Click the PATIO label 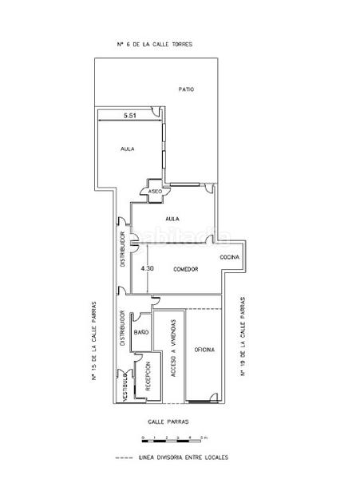[x=187, y=89]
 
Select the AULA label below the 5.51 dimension [x=127, y=148]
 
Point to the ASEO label [x=156, y=192]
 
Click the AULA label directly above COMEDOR [x=172, y=218]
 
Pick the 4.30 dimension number [x=147, y=268]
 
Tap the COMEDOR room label [x=186, y=269]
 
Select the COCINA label [x=231, y=257]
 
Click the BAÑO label [x=142, y=331]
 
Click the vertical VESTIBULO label [x=125, y=387]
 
